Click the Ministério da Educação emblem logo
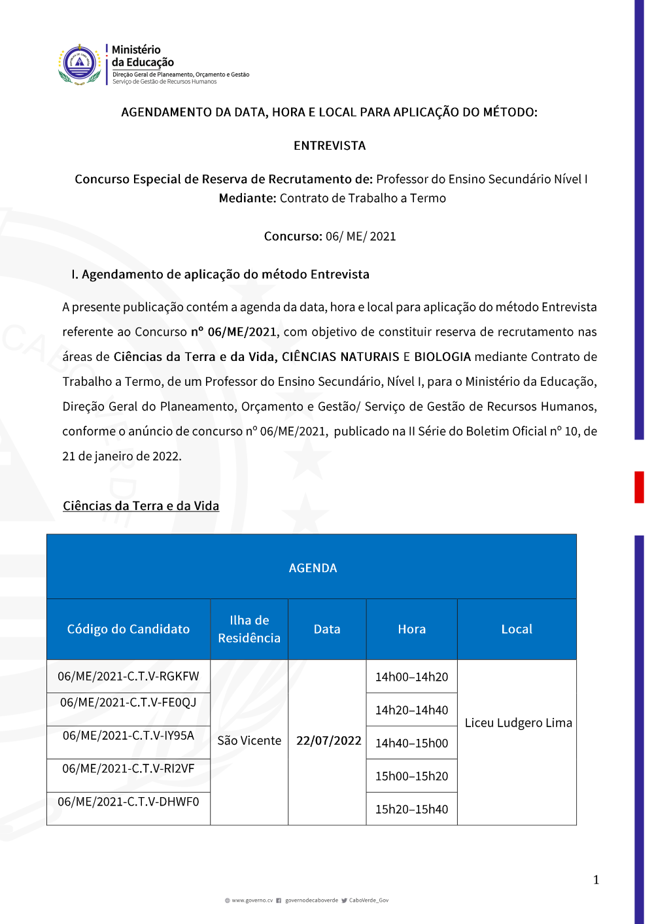80,64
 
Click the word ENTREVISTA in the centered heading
330,146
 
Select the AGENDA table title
313,568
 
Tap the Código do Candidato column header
128,629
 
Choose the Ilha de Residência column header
249,629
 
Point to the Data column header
327,629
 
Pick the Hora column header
412,629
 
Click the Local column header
517,629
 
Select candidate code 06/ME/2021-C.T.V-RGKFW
128,676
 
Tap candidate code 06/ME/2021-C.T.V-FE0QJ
128,702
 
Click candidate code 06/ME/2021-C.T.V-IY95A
128,736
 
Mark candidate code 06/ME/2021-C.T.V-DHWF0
128,802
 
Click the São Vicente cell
249,740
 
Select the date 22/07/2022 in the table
329,740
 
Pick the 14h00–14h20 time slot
412,677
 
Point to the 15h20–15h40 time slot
412,809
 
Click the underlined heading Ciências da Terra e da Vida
141,505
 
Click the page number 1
596,880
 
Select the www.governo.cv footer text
252,900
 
